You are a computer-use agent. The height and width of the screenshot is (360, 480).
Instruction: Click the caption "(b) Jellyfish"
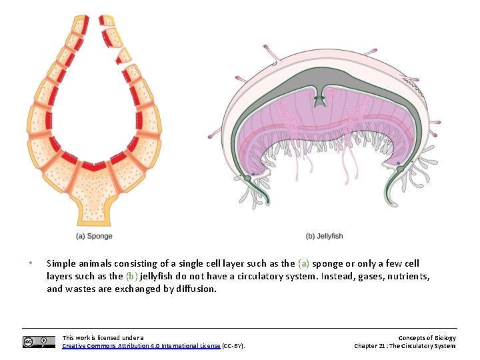click(324, 236)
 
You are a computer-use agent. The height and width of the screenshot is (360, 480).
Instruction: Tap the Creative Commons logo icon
click(39, 342)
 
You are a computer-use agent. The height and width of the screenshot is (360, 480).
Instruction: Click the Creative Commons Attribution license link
click(141, 346)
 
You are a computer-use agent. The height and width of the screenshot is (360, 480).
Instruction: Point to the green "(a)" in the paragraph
click(304, 263)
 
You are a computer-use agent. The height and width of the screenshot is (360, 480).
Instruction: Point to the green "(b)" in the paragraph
click(132, 276)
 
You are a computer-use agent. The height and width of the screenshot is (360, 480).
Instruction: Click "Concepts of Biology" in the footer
click(427, 338)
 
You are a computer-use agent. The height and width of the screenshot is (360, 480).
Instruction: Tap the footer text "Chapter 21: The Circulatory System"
click(405, 346)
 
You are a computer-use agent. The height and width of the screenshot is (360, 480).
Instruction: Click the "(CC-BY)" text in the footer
click(233, 346)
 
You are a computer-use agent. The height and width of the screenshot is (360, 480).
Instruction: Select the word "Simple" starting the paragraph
click(61, 263)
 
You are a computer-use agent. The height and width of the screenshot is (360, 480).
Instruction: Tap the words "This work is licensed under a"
click(103, 338)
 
